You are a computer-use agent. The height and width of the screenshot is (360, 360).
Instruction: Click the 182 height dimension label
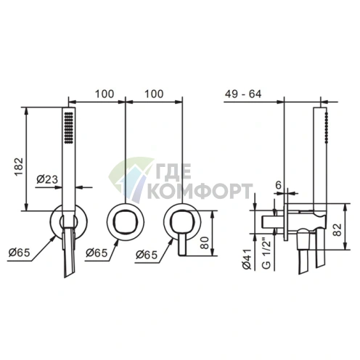[19, 167]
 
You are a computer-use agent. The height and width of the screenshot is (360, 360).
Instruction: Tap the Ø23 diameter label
[47, 179]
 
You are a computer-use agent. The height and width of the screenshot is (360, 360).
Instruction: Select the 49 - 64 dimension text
[243, 94]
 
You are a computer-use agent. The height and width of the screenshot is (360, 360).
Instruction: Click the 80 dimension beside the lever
[205, 242]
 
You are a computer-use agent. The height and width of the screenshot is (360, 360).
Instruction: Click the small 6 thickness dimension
[279, 185]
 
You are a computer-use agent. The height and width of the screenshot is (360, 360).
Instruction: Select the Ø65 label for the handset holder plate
[20, 253]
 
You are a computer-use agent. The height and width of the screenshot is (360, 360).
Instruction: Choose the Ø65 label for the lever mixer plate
[147, 255]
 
